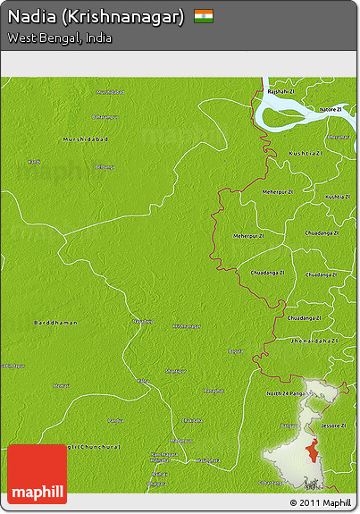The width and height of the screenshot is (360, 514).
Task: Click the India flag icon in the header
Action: pos(204,16)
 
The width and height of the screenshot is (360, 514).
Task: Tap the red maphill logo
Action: pos(37,474)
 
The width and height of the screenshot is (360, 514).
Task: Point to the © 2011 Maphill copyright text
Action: pos(320,503)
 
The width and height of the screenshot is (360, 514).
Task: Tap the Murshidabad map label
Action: pos(85,139)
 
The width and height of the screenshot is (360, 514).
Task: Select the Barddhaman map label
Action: pos(55,322)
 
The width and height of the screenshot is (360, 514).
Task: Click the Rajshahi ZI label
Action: pos(280,91)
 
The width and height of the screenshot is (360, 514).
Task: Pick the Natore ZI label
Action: pos(331,109)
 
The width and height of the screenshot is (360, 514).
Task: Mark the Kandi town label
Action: pos(34,162)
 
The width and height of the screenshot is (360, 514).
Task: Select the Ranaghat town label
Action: pos(213,391)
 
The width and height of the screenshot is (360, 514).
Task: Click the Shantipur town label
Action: pos(176,370)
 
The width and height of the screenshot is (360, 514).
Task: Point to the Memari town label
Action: pos(61,385)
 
